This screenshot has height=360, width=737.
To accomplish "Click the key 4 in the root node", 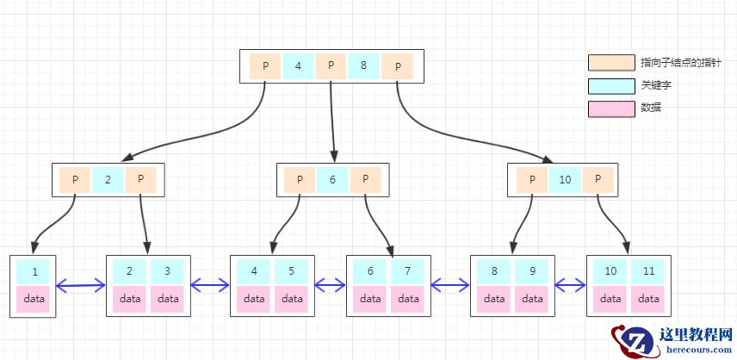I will [x=298, y=66].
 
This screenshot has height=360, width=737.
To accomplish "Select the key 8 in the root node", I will [x=364, y=66].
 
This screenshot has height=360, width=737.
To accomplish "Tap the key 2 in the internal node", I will [x=108, y=180].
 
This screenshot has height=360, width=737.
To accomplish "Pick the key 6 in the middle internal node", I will [x=332, y=180].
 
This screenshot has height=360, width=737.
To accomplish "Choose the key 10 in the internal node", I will [x=565, y=180].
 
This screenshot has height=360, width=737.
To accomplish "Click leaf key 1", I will [x=34, y=271].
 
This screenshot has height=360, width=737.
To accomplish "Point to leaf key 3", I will [x=167, y=271].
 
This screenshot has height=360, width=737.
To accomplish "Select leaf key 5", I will [x=291, y=271].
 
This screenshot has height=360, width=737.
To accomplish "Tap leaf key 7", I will [x=408, y=271].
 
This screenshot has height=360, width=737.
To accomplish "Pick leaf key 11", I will [x=648, y=271].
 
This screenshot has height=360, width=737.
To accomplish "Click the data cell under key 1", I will [x=34, y=299].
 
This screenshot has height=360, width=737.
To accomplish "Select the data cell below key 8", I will [x=494, y=299].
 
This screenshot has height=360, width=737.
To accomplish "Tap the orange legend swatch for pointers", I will [x=611, y=63].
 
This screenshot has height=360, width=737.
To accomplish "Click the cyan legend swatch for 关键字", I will [x=611, y=86].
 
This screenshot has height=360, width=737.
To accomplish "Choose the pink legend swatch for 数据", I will [x=611, y=109].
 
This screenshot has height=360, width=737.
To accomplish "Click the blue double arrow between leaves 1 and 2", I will [x=81, y=284].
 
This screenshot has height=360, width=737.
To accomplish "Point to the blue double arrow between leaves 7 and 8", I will [x=450, y=284].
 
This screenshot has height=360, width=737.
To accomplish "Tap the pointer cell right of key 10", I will [x=598, y=180].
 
